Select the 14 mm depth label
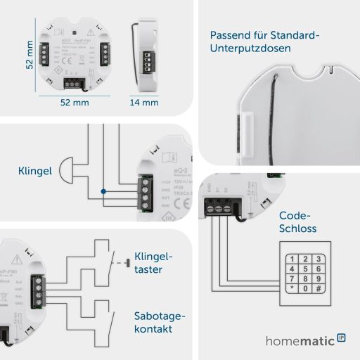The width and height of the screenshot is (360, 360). pos(144,103)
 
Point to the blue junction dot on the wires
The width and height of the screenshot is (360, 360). pos(103,191)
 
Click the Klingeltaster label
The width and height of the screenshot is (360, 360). pos(153,263)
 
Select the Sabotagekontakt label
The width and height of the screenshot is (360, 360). pos(159,323)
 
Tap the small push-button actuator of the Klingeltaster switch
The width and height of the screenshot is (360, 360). pos(126,264)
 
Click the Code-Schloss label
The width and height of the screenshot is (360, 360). pos(297,222)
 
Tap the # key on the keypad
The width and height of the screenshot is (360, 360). pos(319,288)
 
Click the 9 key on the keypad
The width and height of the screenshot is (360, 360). pos(319,278)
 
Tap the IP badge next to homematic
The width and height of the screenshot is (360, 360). pos(342,339)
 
